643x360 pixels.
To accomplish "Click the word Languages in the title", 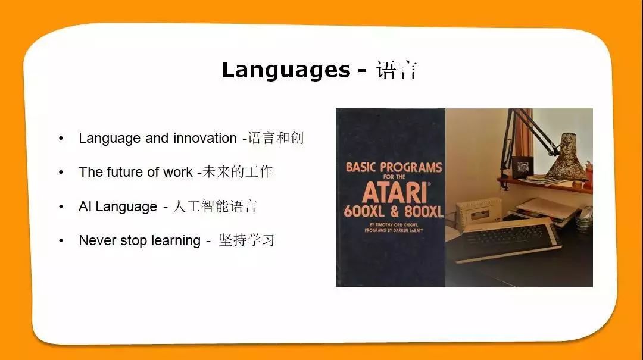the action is tap(286, 70).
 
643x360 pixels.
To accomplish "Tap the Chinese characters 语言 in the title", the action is tap(397, 70).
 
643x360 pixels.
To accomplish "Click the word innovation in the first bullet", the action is tap(205, 138).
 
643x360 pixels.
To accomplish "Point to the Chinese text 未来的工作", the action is tap(238, 172).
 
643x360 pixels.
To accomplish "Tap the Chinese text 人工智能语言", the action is tap(215, 206).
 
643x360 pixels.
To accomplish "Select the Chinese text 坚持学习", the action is tap(246, 240).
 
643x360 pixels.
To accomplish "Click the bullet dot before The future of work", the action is tap(61, 172).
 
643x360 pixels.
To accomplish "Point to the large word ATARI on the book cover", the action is tap(395, 192).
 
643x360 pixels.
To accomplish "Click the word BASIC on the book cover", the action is tap(360, 167).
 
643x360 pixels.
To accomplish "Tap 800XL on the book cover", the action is tap(424, 212).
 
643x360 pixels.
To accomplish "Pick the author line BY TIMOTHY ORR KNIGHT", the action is tap(394, 225).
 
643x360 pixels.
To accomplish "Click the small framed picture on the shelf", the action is tap(523, 167).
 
